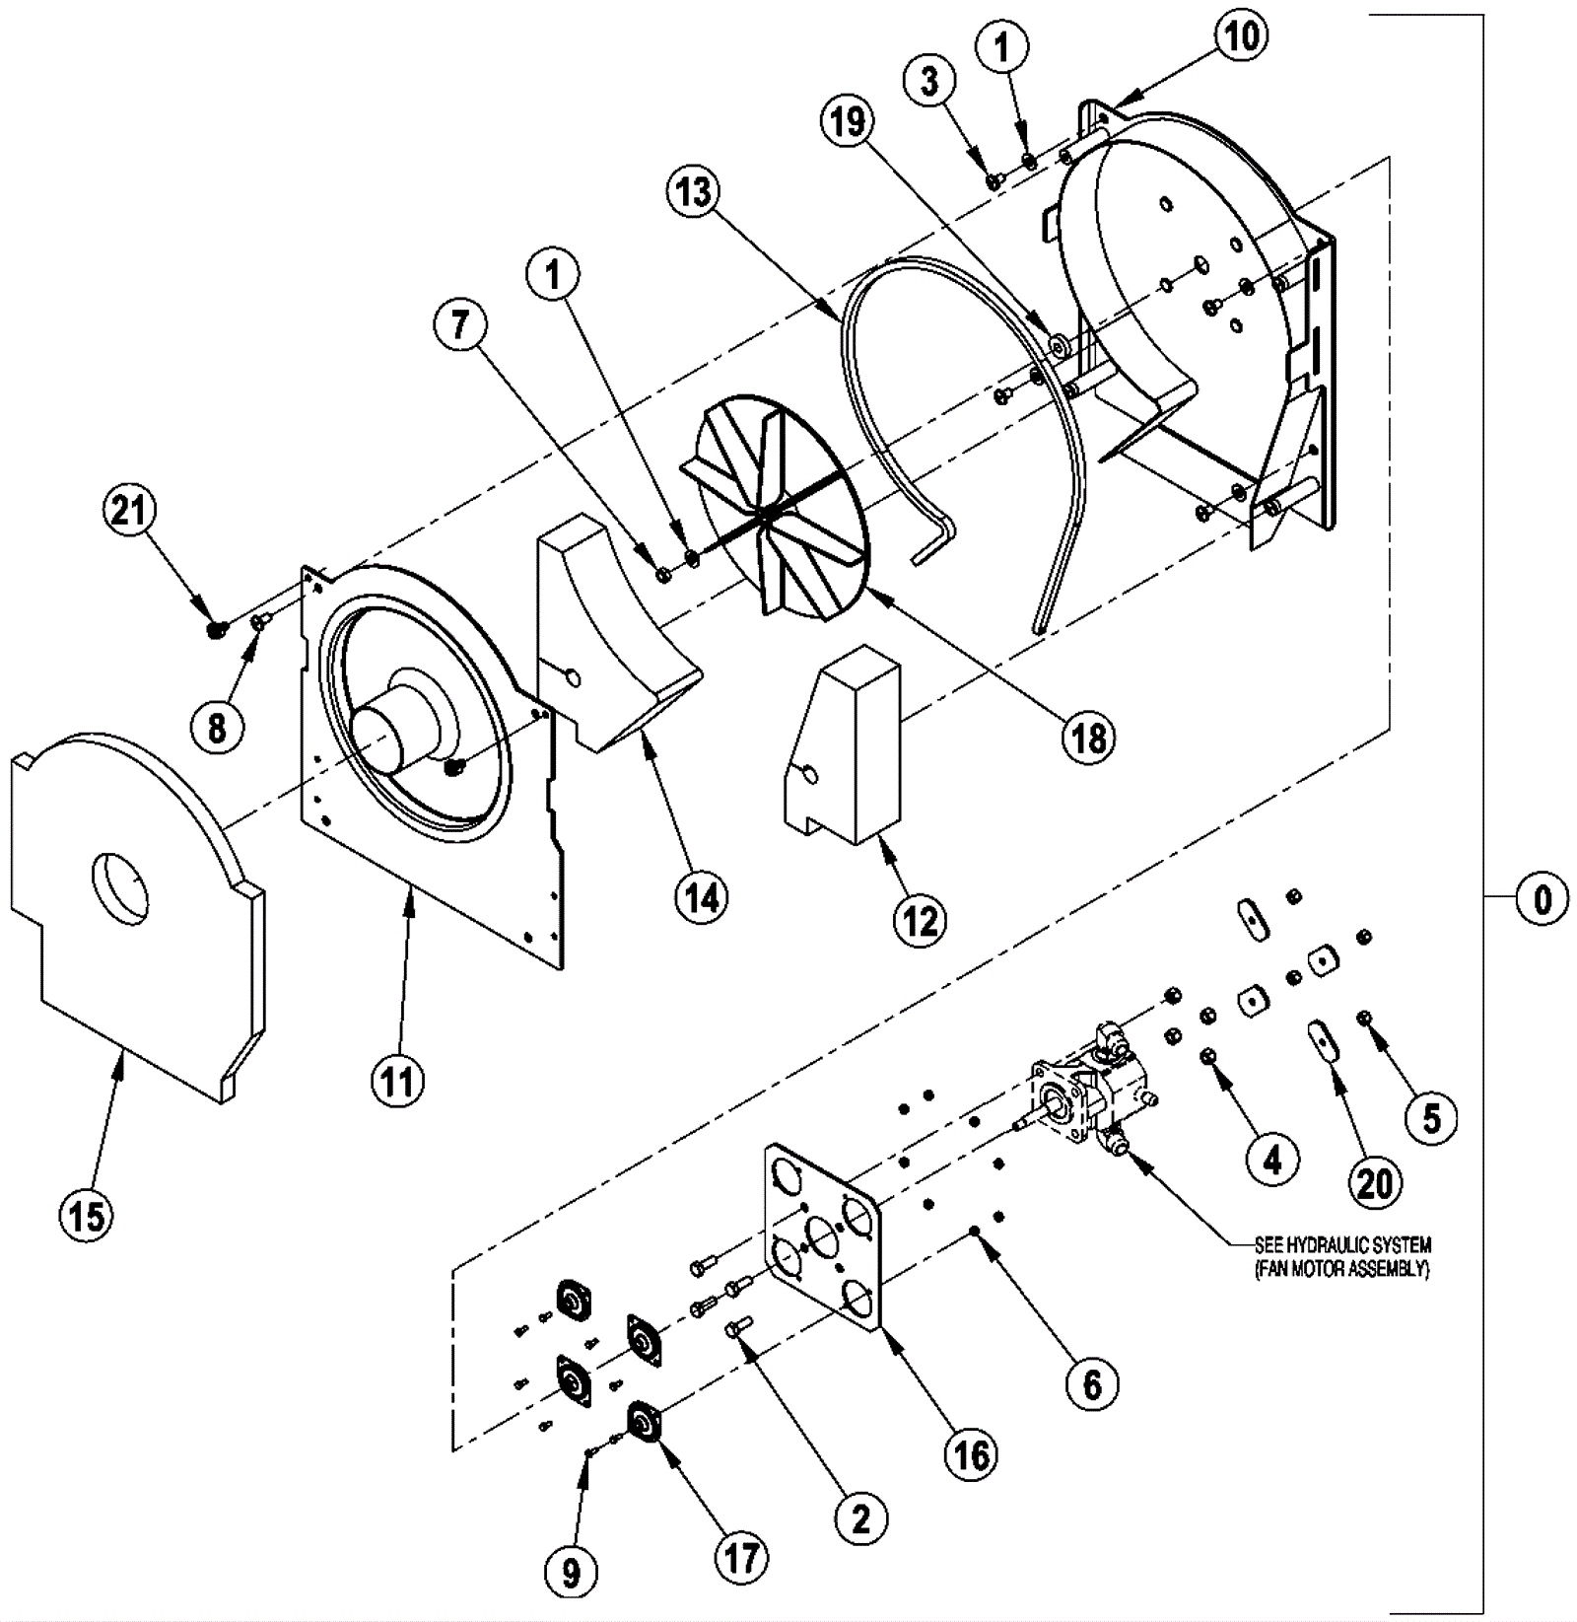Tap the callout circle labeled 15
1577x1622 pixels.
point(87,1215)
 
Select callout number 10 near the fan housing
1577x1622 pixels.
point(1241,36)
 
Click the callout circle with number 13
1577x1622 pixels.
point(694,192)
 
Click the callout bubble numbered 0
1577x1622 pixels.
point(1543,898)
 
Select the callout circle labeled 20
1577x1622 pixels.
point(1374,1182)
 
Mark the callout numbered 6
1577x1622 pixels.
point(1092,1383)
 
